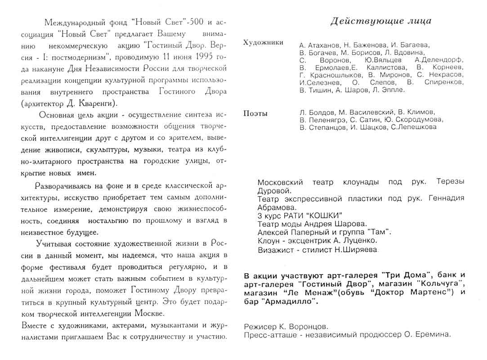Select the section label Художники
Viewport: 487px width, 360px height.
click(263, 42)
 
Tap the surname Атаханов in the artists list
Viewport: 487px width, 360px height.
click(321, 45)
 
